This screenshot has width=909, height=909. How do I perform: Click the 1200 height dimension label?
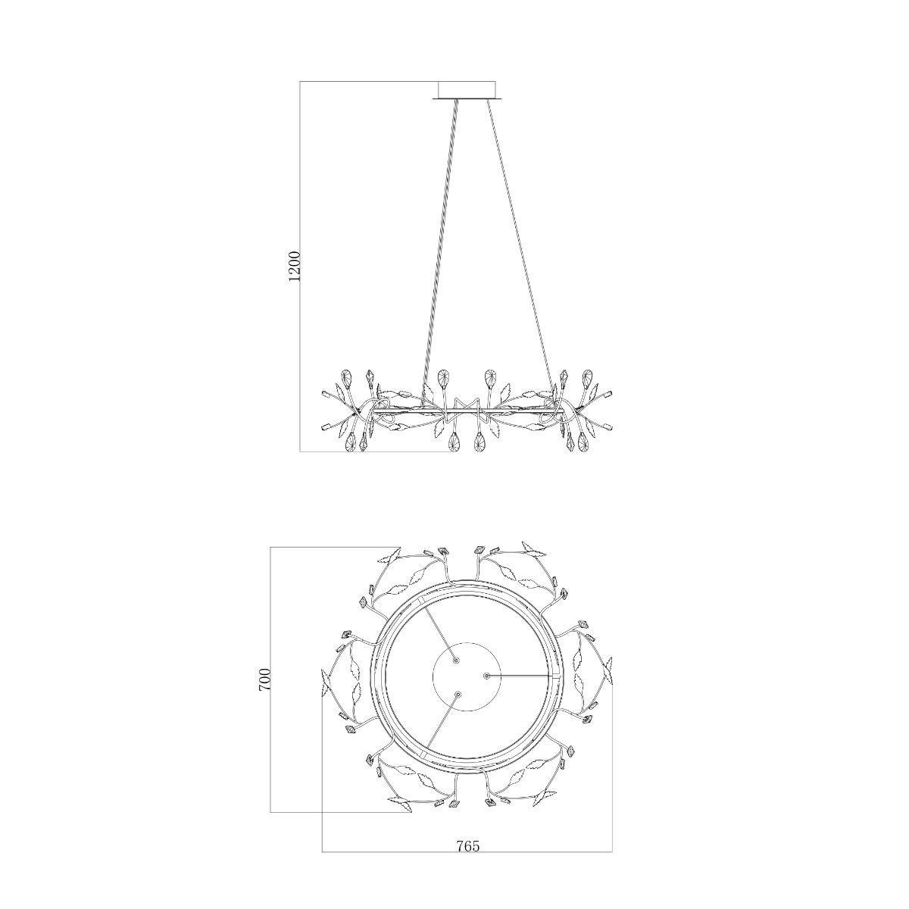point(293,266)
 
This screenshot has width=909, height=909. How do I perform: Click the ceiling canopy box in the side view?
point(467,89)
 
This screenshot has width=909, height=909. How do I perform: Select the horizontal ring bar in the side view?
point(467,412)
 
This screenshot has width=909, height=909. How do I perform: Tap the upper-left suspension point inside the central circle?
point(456,661)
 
